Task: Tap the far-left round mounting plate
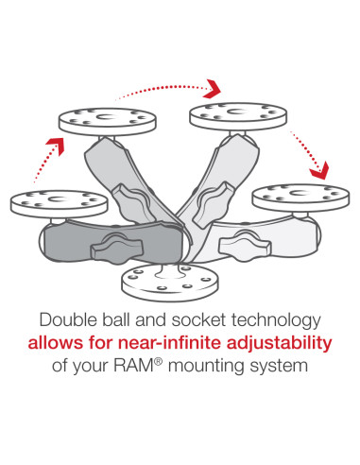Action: click(x=43, y=200)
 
